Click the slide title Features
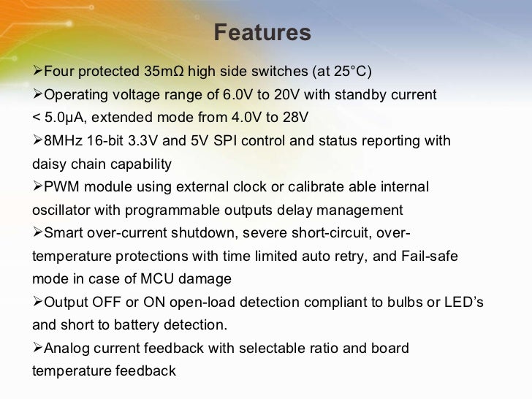pyautogui.click(x=262, y=34)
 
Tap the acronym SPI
pyautogui.click(x=224, y=141)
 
